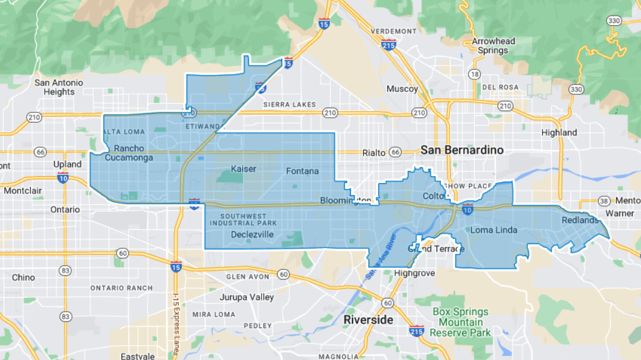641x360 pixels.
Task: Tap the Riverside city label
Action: tap(368, 319)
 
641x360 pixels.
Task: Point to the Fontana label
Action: tap(302, 171)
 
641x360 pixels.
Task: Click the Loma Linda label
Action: tap(494, 230)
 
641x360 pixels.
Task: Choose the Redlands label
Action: tap(580, 220)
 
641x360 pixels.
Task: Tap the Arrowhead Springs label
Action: tap(494, 46)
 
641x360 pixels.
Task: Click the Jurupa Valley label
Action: tap(246, 297)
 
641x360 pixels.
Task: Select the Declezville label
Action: tap(253, 234)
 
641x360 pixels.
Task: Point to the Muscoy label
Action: tap(402, 89)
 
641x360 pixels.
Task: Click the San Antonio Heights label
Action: tap(59, 87)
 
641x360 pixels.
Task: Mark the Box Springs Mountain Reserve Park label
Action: tap(461, 323)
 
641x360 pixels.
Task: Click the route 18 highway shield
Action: tap(475, 74)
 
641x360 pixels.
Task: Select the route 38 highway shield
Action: tap(604, 201)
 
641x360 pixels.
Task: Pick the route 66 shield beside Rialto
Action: tap(395, 152)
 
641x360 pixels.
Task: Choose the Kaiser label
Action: tap(243, 169)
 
